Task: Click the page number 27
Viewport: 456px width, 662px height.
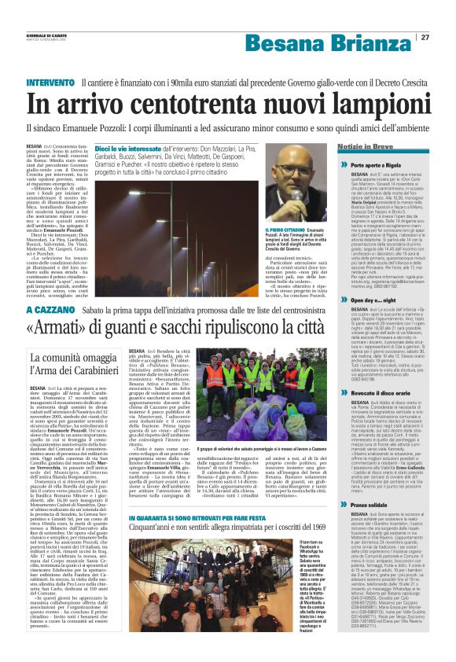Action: (425, 37)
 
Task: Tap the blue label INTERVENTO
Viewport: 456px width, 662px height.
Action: (51, 82)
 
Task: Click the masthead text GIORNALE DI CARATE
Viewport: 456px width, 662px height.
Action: (41, 32)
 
